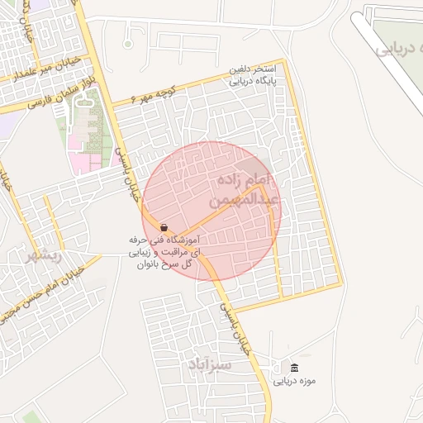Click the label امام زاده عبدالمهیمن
click(252, 189)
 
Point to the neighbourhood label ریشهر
click(43, 255)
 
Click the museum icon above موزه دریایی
click(295, 367)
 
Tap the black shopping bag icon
click(164, 227)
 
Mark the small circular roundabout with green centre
click(128, 43)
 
